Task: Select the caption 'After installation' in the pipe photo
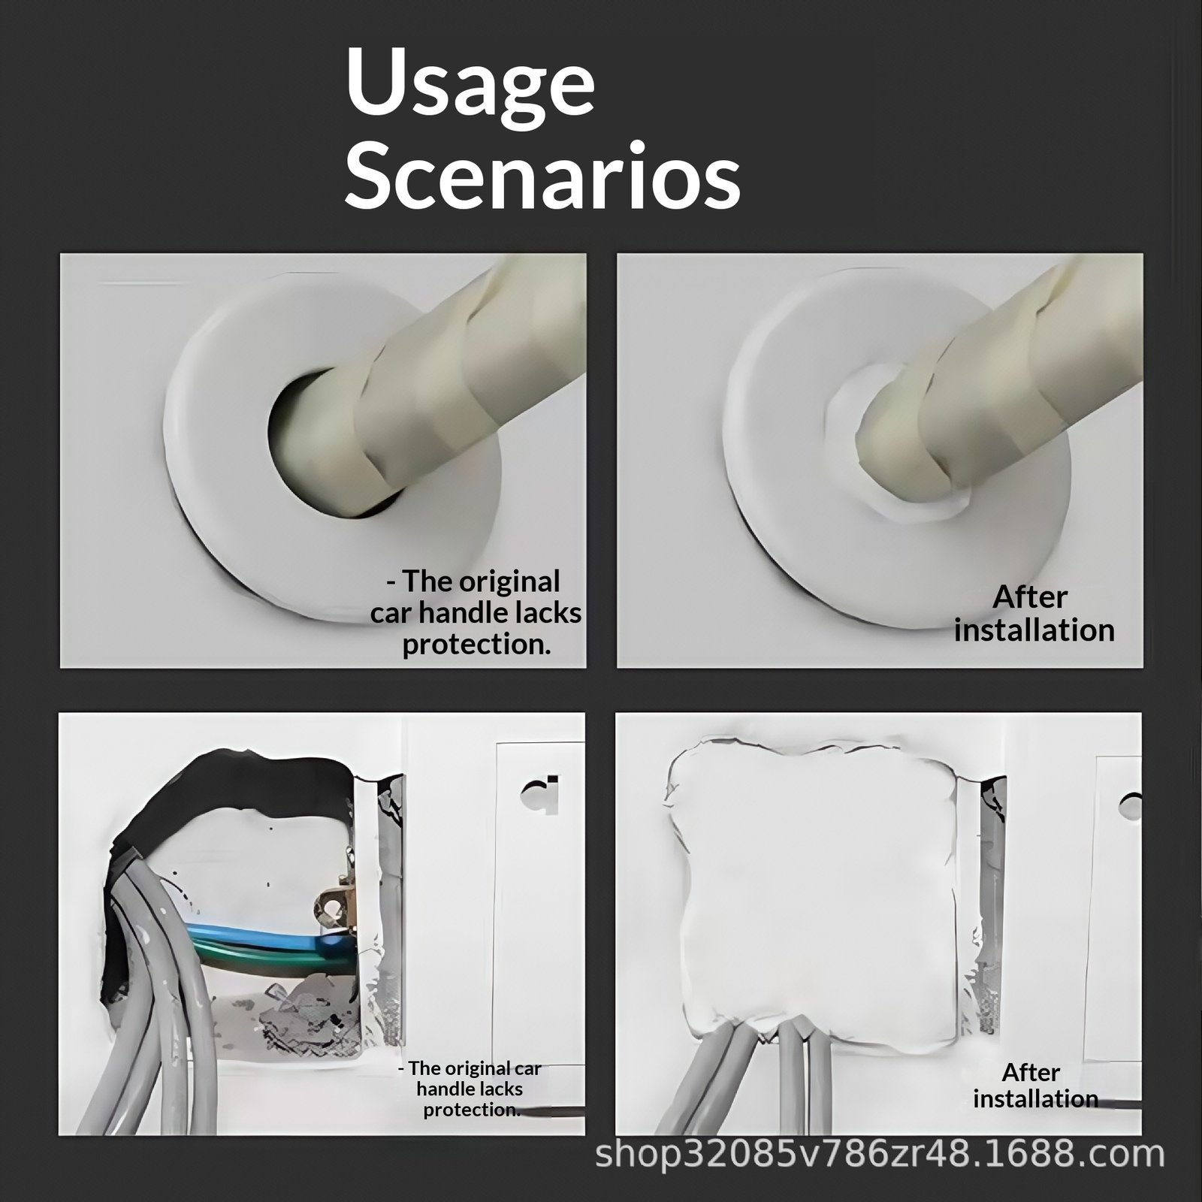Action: click(1034, 614)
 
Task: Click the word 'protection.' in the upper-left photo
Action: click(477, 645)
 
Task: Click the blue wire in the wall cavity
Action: click(255, 938)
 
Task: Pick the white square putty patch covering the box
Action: click(811, 894)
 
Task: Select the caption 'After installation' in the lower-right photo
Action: click(1035, 1086)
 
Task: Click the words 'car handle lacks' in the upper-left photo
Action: click(476, 613)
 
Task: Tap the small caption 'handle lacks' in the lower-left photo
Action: click(470, 1089)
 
